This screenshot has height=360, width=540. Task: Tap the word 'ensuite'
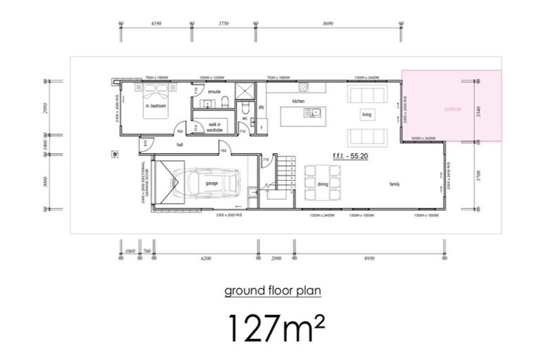[214, 92]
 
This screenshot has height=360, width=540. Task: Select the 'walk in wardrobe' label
[215, 127]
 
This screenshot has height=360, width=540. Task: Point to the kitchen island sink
[316, 112]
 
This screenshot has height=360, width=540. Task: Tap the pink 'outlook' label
[454, 109]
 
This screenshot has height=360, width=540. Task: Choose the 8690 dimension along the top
[327, 23]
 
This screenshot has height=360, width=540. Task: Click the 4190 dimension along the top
[156, 23]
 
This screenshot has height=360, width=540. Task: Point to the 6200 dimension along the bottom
[205, 259]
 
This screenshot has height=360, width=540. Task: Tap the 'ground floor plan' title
[269, 291]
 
